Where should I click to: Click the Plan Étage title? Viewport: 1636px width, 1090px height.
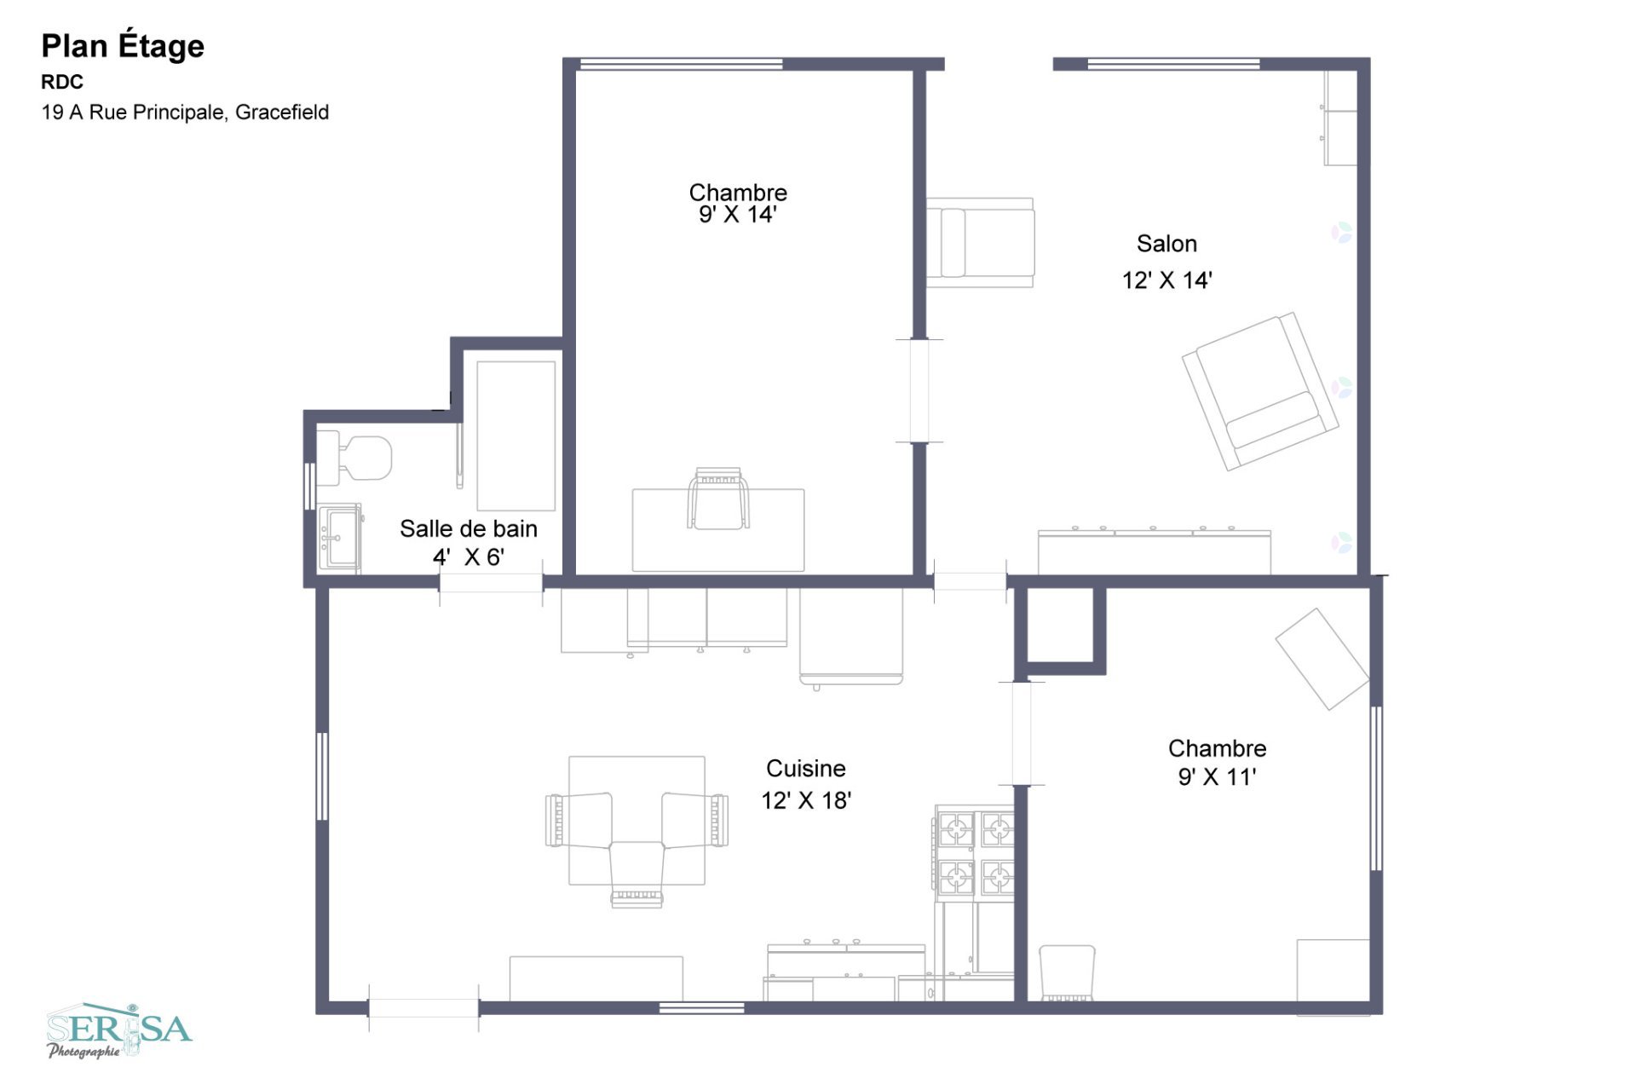[x=123, y=46]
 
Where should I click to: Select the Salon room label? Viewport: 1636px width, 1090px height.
[x=1167, y=244]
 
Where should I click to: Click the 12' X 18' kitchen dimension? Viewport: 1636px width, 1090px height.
[x=806, y=800]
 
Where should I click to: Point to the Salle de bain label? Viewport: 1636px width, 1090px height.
[x=469, y=528]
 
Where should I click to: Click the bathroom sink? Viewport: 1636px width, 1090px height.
[x=340, y=538]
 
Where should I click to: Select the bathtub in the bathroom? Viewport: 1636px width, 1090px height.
[x=516, y=435]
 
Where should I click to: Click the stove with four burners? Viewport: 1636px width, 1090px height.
[x=975, y=853]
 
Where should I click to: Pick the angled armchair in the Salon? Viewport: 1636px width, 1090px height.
[x=1260, y=391]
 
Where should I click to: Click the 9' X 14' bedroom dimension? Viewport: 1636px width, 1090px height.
[x=738, y=214]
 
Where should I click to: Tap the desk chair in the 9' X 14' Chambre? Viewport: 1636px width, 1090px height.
[x=718, y=499]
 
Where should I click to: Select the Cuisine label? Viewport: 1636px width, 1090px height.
[x=806, y=769]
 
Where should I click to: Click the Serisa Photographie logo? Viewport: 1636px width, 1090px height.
[x=119, y=1030]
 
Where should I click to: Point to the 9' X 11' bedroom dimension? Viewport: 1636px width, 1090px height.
[x=1217, y=776]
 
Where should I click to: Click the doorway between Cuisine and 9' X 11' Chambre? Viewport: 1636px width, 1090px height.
[x=1022, y=733]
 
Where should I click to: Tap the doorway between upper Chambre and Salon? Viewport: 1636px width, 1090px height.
[x=919, y=391]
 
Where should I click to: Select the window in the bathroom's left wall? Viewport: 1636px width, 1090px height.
[x=310, y=487]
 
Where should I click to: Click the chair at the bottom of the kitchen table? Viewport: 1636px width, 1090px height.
[x=637, y=874]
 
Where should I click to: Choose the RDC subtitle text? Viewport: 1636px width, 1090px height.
[x=62, y=82]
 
